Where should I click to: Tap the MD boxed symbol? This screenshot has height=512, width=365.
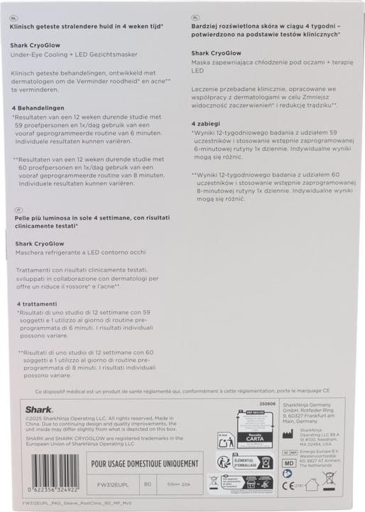pyautogui.click(x=288, y=463)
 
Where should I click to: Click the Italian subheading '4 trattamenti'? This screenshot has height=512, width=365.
pyautogui.click(x=42, y=304)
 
